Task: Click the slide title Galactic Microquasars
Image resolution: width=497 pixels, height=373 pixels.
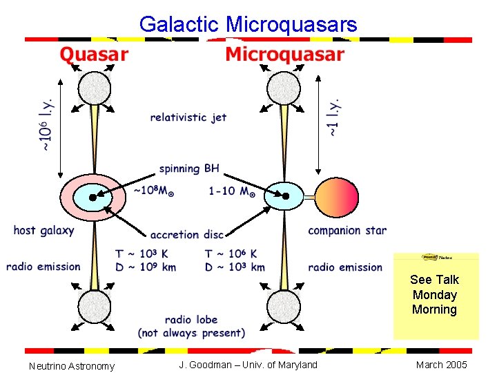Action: coord(248,25)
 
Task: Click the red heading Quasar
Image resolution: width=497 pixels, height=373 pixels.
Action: coord(94,55)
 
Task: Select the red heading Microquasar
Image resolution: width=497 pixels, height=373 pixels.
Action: coord(284,55)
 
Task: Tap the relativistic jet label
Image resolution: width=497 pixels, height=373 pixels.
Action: coord(188,117)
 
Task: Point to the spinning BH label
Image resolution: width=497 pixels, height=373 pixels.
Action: coord(189,168)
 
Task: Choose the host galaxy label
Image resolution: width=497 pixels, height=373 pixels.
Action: coord(43,231)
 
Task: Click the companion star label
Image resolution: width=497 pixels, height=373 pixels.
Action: coord(347,231)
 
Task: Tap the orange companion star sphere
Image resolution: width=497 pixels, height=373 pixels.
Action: coord(338,196)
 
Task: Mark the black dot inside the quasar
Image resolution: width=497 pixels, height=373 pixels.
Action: coord(92,196)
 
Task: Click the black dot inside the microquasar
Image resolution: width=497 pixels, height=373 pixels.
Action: coord(285,196)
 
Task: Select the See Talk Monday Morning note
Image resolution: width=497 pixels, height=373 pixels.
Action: coord(434,295)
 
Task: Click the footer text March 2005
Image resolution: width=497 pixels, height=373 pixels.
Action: coord(442,365)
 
